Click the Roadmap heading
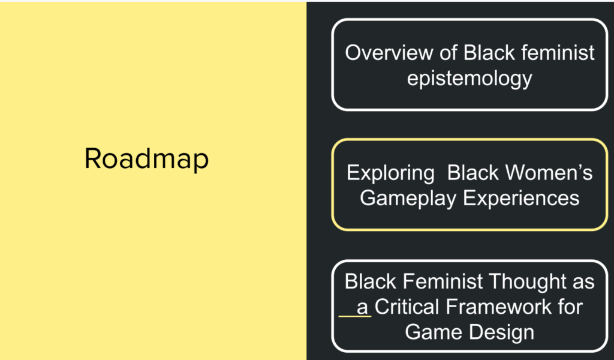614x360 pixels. click(146, 159)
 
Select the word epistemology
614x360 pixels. click(469, 78)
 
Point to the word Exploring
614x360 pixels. click(390, 173)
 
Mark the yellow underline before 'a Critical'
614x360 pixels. click(354, 316)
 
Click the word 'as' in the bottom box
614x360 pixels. click(582, 281)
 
